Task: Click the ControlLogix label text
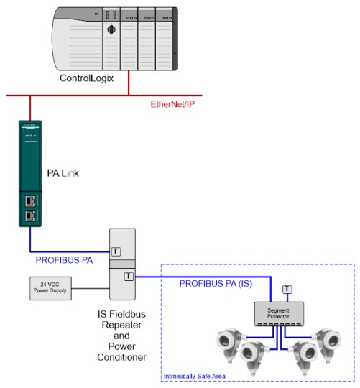[x=87, y=78]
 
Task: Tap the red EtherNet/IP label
[x=172, y=104]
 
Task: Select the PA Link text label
[x=63, y=173]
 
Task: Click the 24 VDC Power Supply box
[x=50, y=288]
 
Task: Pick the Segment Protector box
[x=279, y=313]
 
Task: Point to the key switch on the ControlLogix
[x=111, y=30]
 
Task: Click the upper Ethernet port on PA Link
[x=31, y=201]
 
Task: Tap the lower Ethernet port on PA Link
[x=31, y=216]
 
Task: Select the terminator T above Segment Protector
[x=287, y=289]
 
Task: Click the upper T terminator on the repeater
[x=116, y=251]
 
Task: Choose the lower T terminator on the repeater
[x=129, y=276]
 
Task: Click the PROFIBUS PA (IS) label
[x=216, y=284]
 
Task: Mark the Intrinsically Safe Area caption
[x=195, y=377]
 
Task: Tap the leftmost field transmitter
[x=229, y=344]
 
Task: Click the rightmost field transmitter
[x=328, y=344]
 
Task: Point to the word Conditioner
[x=121, y=357]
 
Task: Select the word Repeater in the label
[x=121, y=325]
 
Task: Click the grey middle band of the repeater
[x=122, y=264]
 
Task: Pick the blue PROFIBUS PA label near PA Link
[x=65, y=260]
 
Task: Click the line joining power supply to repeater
[x=91, y=288]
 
